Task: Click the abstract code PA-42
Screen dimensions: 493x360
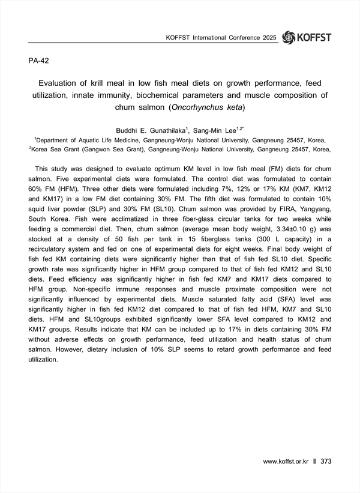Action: (40, 61)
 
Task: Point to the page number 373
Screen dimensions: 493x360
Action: (326, 462)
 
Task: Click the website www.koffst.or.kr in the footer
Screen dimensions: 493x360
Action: (285, 462)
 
